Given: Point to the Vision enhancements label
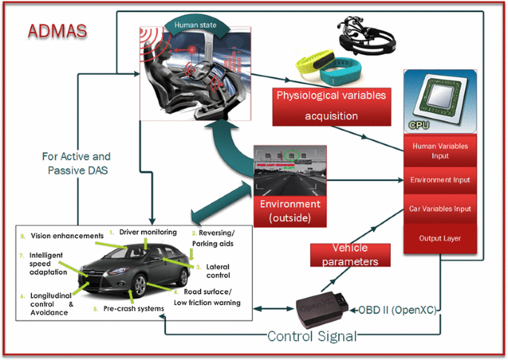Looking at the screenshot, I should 66,236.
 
